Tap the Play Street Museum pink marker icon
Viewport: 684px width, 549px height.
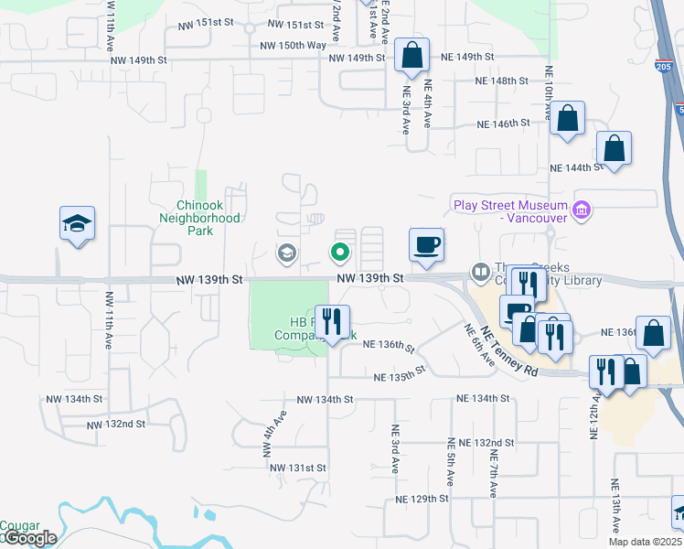(x=580, y=211)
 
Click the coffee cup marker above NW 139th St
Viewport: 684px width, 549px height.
(x=426, y=245)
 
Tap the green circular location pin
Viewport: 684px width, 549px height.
(x=340, y=251)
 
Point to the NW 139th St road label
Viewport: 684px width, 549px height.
(x=369, y=277)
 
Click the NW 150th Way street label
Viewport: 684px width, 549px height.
(x=293, y=45)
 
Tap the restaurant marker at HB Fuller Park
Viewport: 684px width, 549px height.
(x=332, y=322)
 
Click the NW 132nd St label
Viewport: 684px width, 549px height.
(x=116, y=425)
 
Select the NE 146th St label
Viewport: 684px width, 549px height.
(x=504, y=124)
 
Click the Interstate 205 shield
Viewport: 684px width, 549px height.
(x=663, y=66)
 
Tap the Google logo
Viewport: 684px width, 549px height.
(x=29, y=538)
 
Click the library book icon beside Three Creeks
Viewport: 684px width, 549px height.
(x=479, y=272)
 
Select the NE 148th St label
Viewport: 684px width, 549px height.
(x=502, y=81)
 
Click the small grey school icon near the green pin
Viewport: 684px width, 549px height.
(x=287, y=253)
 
